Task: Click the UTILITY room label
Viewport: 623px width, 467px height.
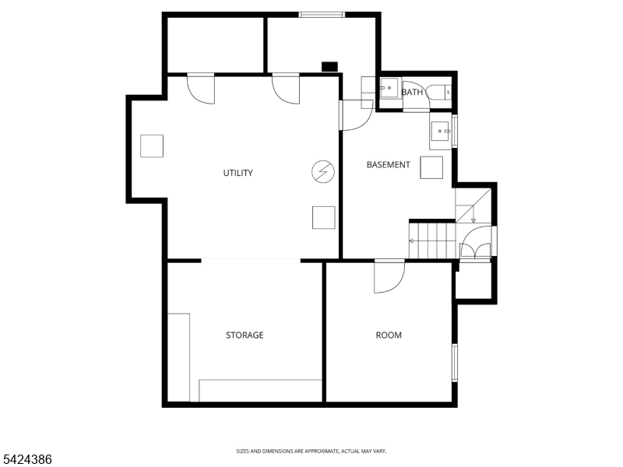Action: [238, 173]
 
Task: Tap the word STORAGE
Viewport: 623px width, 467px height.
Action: [245, 335]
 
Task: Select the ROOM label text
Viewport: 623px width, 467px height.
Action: [389, 335]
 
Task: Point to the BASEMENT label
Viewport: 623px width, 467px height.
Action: [388, 165]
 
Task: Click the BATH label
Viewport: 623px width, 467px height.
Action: [413, 93]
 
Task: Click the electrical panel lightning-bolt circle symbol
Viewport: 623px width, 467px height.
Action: [322, 171]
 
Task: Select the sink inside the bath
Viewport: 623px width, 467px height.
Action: [388, 90]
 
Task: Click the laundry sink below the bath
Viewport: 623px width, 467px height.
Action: [441, 135]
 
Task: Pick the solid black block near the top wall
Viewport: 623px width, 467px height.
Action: [330, 67]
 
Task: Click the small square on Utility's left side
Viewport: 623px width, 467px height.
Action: [152, 146]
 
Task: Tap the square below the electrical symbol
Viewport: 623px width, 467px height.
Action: [323, 217]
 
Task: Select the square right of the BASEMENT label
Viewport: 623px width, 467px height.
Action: [431, 167]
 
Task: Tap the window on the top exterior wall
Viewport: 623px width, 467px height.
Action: [322, 14]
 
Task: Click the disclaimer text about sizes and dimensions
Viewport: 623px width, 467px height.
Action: [311, 451]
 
